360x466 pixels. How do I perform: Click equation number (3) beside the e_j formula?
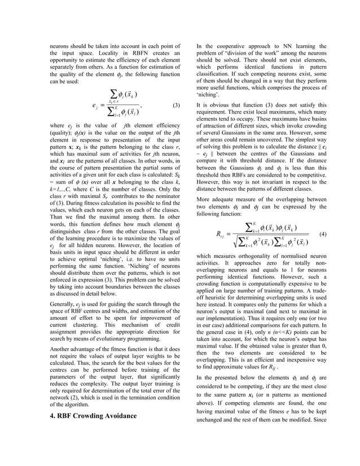point(176,105)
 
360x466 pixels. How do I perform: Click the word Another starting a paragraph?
point(56,349)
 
